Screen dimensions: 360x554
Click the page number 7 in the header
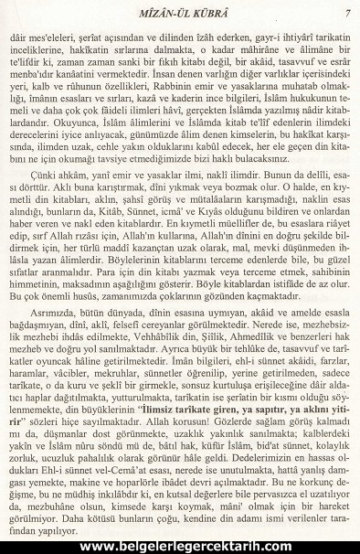(x=348, y=12)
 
